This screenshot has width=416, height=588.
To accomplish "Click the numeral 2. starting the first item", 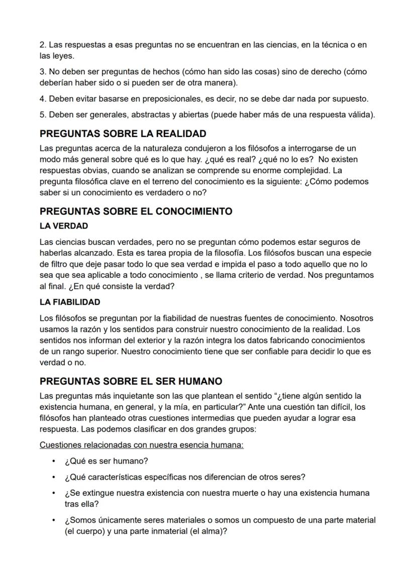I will pyautogui.click(x=43, y=45).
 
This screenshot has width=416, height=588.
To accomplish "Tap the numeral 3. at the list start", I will pyautogui.click(x=43, y=72).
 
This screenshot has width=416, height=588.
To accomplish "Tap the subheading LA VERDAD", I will pyautogui.click(x=64, y=226).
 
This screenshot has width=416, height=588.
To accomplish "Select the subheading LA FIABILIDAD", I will pyautogui.click(x=70, y=302).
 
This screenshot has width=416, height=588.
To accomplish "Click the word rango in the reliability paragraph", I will pyautogui.click(x=70, y=351).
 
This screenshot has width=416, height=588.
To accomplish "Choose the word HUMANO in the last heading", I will pyautogui.click(x=199, y=381).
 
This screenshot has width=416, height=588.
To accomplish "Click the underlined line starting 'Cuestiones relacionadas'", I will pyautogui.click(x=141, y=445).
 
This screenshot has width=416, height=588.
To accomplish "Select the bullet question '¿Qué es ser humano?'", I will pyautogui.click(x=106, y=461).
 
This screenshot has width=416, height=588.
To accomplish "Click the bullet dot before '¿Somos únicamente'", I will pyautogui.click(x=53, y=520).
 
